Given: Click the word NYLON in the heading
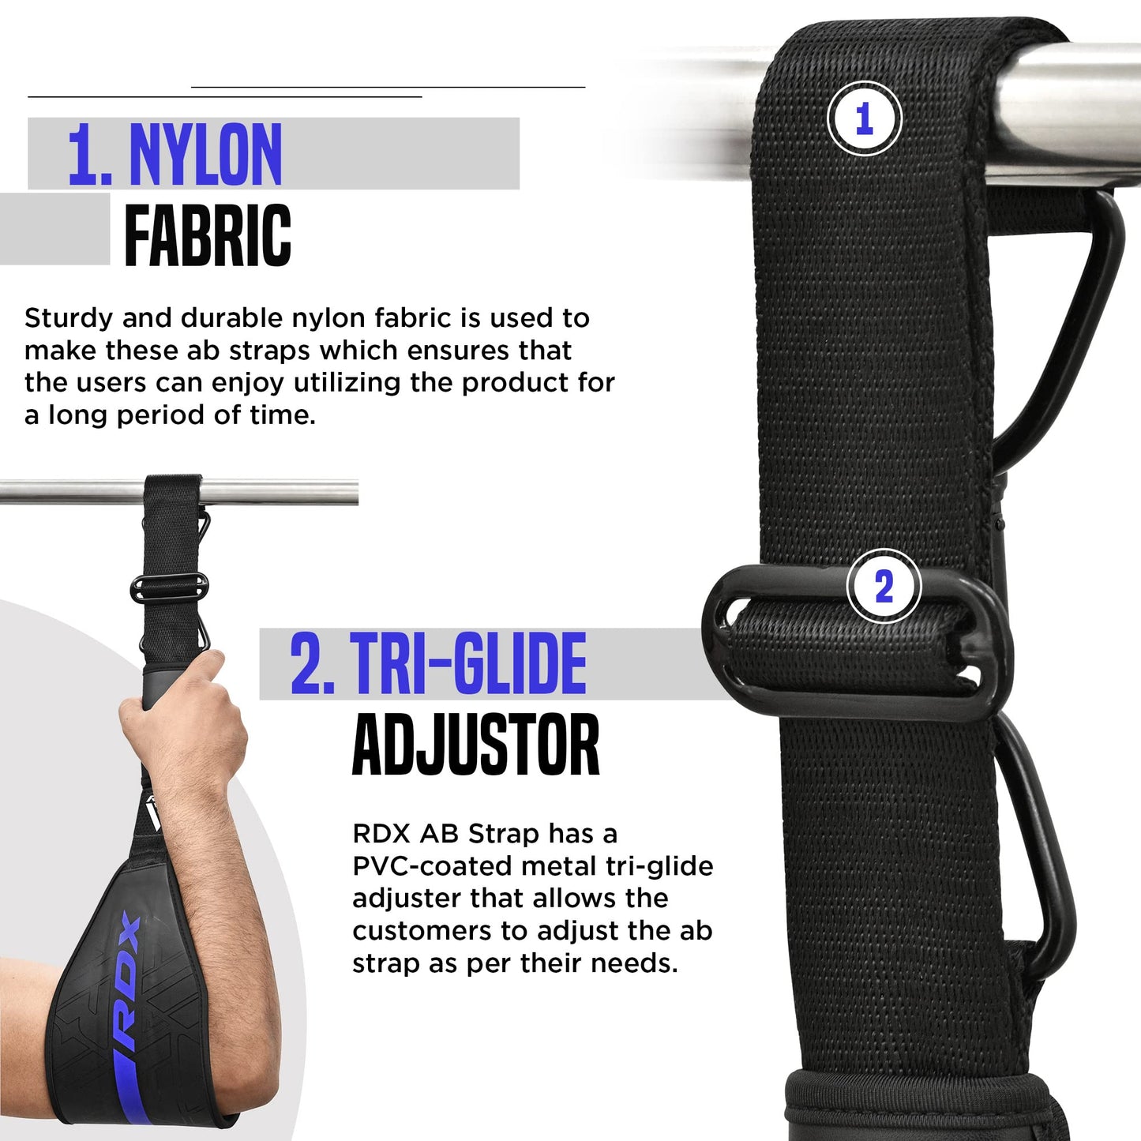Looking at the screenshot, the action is (x=205, y=155).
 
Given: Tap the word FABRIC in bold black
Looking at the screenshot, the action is (x=208, y=235).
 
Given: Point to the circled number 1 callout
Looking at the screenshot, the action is (x=865, y=118).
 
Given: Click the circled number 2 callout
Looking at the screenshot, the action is (x=884, y=586).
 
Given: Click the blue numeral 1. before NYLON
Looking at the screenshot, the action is (x=89, y=155).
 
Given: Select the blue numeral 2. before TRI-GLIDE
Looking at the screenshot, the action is (x=312, y=663).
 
